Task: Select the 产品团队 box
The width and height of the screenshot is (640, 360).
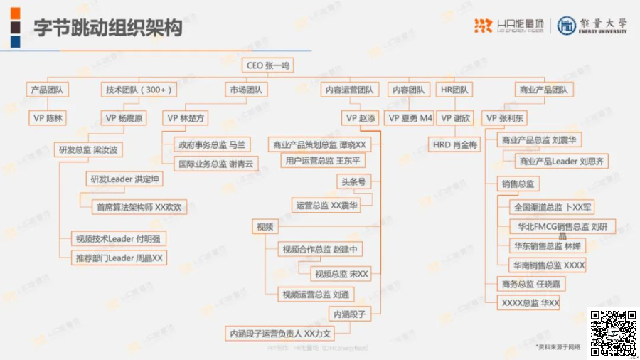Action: coord(47,90)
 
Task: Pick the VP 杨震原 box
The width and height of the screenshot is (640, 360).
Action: coord(124,118)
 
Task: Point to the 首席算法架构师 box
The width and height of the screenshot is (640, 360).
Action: coord(139,208)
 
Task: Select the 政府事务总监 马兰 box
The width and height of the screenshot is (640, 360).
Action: coord(212,144)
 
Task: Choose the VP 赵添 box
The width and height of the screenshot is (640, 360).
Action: coord(361,118)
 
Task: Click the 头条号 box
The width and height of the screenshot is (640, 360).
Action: coord(353,182)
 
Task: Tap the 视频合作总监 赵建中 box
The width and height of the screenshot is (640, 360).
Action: coord(321,249)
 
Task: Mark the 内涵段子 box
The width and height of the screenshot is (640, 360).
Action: coord(348,314)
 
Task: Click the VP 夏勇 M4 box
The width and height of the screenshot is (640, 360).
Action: coord(410,118)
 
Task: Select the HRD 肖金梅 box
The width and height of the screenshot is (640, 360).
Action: coord(455,144)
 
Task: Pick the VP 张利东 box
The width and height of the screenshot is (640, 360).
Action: coord(506,118)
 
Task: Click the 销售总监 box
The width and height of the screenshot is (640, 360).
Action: coord(519,184)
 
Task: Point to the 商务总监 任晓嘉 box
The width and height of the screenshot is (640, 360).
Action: coord(532,284)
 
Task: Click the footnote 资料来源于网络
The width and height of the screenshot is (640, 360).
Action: coord(559,346)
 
